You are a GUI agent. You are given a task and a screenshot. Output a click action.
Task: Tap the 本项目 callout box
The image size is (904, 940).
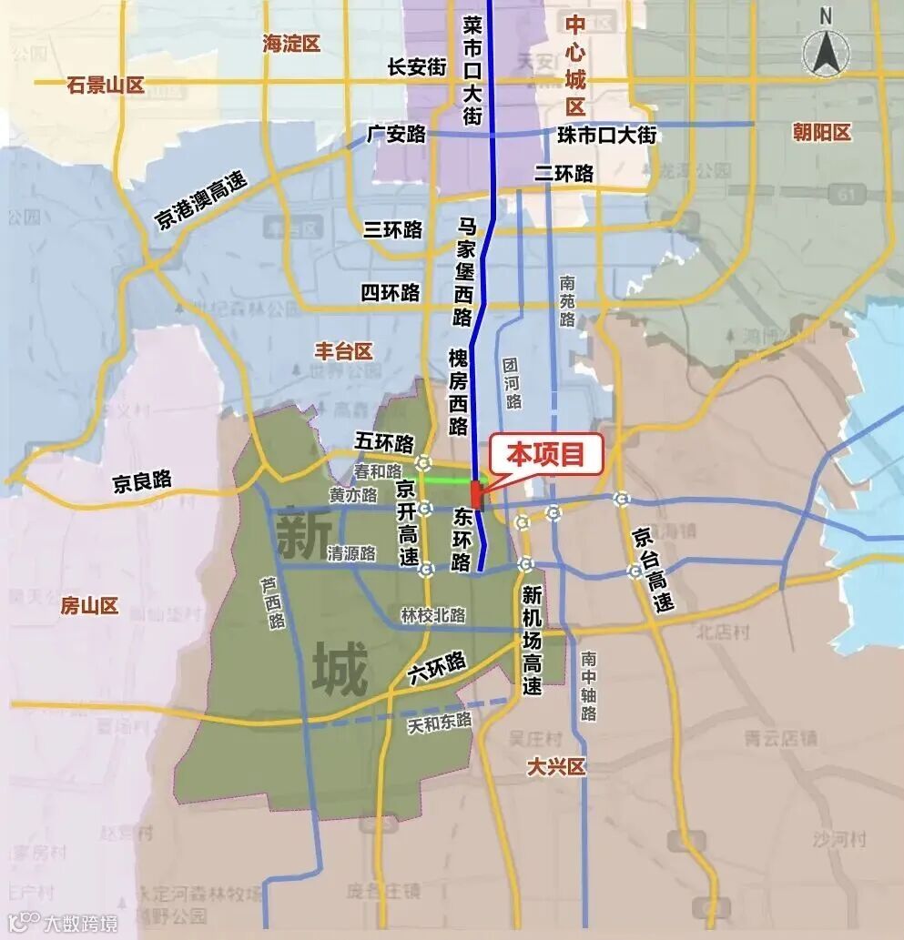[x=545, y=453]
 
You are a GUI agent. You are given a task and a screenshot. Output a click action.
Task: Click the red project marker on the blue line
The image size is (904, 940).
[x=475, y=496]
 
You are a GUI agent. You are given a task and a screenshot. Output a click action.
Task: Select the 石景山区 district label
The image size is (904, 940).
[x=107, y=86]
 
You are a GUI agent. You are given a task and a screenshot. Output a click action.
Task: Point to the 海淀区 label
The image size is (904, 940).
[x=291, y=43]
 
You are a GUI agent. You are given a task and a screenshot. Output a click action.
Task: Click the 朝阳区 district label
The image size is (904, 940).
[x=821, y=133]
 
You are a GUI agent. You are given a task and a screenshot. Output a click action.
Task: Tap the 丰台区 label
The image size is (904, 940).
[x=343, y=351]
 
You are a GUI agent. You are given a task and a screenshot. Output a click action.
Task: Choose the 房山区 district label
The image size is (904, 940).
[x=89, y=606]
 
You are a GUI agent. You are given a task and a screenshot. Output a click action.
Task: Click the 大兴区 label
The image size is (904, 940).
[x=555, y=767]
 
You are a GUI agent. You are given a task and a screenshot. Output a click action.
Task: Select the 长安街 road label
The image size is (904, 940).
[x=417, y=66]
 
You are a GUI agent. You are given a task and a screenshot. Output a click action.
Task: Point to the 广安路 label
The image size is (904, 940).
[x=397, y=135]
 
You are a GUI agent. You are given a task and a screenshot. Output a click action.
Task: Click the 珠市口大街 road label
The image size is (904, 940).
[x=606, y=135]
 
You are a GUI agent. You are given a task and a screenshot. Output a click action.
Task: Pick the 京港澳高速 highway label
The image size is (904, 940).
[x=201, y=201]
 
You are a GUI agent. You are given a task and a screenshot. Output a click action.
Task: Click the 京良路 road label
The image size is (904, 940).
[x=142, y=482]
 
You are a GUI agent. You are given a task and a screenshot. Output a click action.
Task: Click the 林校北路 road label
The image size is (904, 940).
[x=433, y=616]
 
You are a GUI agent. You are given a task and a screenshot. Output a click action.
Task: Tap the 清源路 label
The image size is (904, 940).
[x=352, y=553]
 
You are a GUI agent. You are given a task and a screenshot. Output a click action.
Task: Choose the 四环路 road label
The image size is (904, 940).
[x=391, y=293]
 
